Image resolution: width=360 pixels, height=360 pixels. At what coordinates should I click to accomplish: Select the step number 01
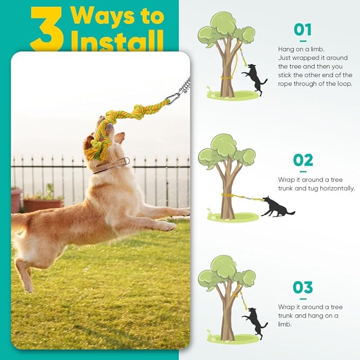pos(303,30)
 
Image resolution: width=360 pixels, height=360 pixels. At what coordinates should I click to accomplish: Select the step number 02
pos(303,160)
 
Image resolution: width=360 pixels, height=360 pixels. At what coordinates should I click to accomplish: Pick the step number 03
pos(303,287)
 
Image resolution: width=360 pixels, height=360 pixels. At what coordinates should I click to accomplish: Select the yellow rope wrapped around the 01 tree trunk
pos(227,80)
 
